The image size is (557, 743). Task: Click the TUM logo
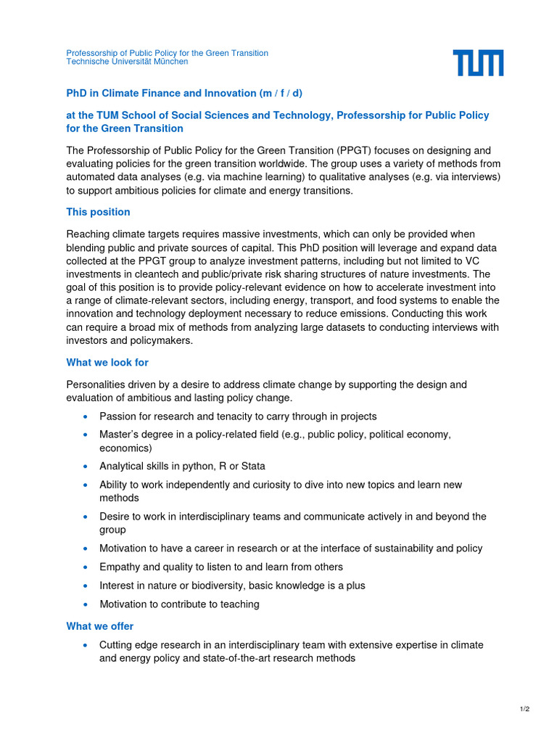pos(478,63)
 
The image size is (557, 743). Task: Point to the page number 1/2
pos(524,709)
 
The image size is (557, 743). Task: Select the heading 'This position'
pos(98,212)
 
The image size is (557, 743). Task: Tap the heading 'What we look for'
pos(107,362)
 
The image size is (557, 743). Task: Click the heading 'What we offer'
pos(99,625)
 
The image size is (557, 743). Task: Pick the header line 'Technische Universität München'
pos(127,62)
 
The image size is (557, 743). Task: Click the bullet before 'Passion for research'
pos(86,416)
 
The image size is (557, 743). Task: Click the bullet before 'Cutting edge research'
pos(86,645)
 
